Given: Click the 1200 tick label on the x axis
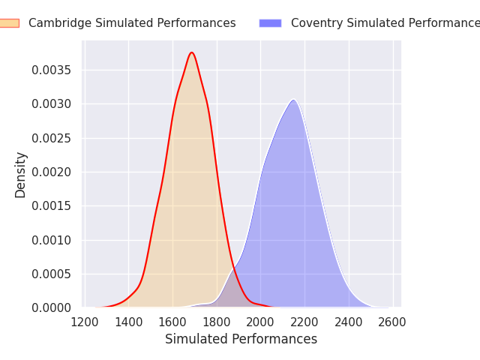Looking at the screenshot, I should coord(85,322).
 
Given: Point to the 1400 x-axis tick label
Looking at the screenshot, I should coord(129,322).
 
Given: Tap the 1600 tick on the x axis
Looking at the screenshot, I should coord(172,322).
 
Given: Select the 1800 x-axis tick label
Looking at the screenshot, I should coord(217,322).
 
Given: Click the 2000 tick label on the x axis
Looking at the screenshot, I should coord(260,322).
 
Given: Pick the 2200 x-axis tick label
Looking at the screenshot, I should coord(304,322).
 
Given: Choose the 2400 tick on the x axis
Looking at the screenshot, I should coord(348,322).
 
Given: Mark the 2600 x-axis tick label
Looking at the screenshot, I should coord(392,322).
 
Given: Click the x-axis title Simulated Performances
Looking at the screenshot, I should coord(241,340).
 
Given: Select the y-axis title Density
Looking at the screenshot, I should coord(21,175).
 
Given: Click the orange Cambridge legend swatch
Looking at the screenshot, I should coord(9,23).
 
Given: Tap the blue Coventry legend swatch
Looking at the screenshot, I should coord(270,23).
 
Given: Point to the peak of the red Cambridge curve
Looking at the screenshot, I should coord(192,52).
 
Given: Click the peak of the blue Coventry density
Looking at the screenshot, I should coord(294,100).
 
